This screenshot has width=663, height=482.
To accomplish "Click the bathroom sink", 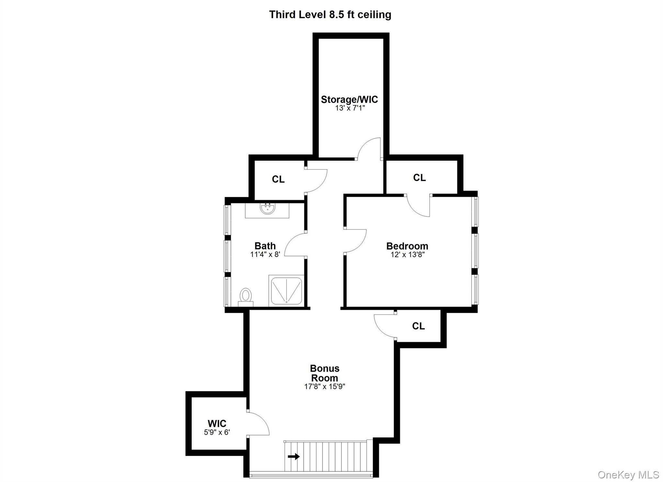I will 267,209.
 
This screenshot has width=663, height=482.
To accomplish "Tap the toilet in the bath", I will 246,296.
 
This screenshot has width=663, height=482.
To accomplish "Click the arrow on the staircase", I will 294,456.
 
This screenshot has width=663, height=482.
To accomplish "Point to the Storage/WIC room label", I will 349,99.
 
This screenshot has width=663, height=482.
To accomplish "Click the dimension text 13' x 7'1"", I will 350,108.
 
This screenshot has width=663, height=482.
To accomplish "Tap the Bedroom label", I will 407,246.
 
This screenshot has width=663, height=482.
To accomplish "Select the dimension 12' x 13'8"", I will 408,255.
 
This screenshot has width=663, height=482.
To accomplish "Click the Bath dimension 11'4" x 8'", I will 265,254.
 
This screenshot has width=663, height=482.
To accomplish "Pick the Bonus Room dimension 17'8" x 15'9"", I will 325,386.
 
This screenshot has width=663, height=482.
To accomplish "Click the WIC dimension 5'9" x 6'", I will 217,432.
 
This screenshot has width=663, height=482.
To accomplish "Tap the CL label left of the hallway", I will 278,179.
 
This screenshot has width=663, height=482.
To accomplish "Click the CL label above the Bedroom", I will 419,177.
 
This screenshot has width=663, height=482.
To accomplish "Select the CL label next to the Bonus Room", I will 418,326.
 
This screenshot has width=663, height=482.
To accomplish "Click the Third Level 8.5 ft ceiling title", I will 330,15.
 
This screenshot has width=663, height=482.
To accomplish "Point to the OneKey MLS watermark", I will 628,475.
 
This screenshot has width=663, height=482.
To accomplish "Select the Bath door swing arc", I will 294,245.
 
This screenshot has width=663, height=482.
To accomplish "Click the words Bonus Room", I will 325,373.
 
